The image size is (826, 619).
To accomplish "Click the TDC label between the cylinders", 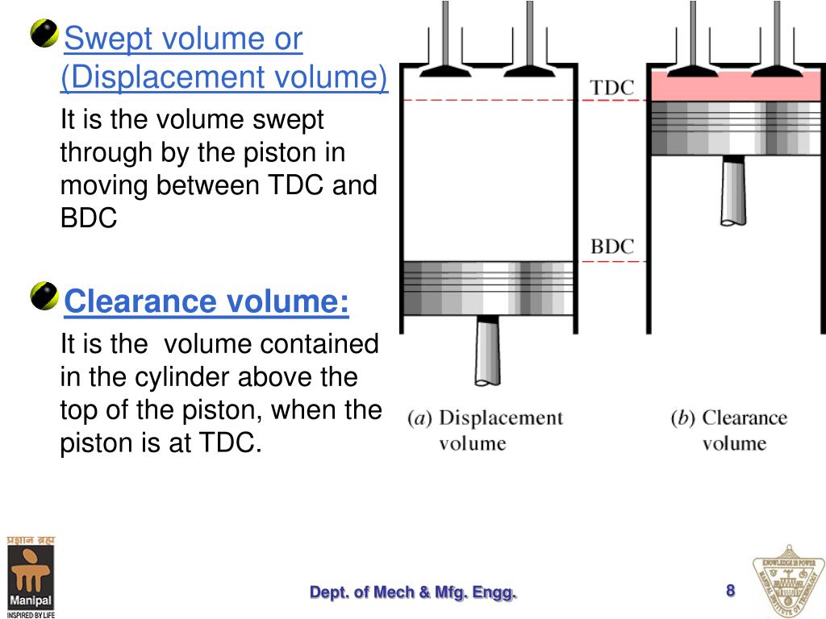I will pos(612,87).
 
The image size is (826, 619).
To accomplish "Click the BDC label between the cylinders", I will pos(612,247).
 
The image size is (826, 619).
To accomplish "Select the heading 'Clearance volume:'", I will pos(206,302).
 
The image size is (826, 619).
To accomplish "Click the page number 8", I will pos(730,591).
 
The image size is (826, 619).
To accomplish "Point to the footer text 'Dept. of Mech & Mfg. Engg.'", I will pos(413,593).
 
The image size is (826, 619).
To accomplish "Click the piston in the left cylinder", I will pos(487,287).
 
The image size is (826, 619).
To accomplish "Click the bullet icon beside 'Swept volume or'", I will pos(44,34).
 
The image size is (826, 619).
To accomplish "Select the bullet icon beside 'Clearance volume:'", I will pos(44,297).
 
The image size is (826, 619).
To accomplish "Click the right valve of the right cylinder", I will pos(775,48).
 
